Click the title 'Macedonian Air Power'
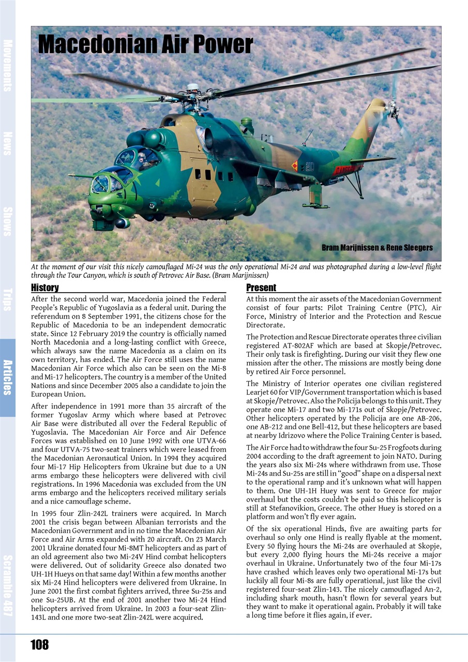(x=145, y=44)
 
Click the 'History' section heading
(x=45, y=288)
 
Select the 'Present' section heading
(x=261, y=288)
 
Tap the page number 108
(x=39, y=644)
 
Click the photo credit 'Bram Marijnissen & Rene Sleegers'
(x=377, y=248)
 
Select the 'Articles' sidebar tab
(x=8, y=377)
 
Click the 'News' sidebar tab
(x=8, y=143)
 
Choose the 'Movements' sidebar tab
(x=8, y=65)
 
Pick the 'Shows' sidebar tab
(x=8, y=221)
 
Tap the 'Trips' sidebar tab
(x=8, y=299)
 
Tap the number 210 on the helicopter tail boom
(x=309, y=166)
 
